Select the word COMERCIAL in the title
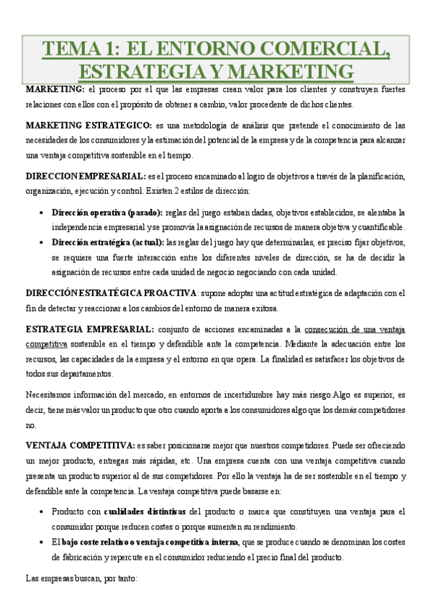tap(327, 49)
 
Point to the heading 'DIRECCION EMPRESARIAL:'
tap(85, 176)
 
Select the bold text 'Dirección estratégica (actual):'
tap(108, 243)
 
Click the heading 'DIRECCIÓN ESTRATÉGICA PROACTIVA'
tap(111, 293)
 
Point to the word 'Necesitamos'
tap(48, 394)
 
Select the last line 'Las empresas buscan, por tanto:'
tap(81, 577)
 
